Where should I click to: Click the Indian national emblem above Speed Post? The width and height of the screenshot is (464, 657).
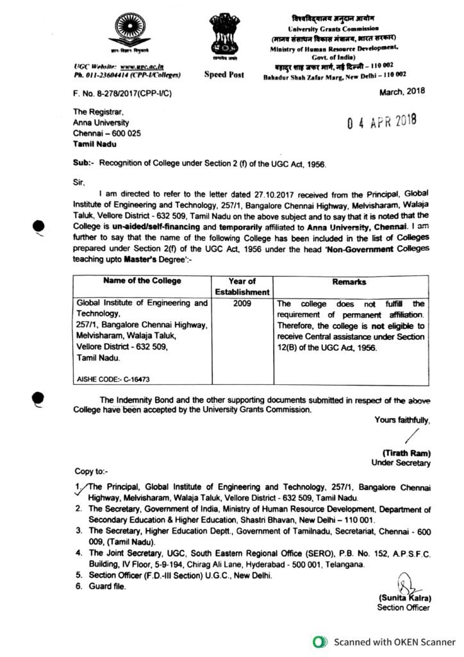(x=224, y=38)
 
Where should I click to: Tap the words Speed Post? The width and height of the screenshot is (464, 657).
(x=224, y=75)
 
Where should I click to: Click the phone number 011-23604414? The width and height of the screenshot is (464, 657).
(x=110, y=74)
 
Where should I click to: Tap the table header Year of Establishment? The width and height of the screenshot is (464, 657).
(x=244, y=286)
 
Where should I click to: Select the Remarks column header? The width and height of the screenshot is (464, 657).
(x=349, y=282)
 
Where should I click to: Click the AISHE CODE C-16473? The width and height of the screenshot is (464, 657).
(x=106, y=380)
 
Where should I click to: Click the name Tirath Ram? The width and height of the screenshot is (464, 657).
(x=407, y=452)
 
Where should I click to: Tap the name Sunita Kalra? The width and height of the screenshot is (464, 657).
(x=404, y=598)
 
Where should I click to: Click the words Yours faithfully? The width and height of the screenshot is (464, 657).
(x=402, y=420)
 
